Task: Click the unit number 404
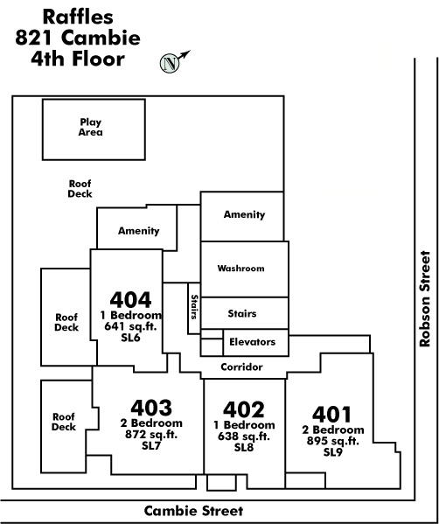[130, 300]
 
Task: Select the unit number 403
[151, 408]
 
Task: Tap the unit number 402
[244, 409]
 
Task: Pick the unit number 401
[332, 414]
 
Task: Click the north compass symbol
[170, 63]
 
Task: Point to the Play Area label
[91, 128]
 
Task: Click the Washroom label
[240, 269]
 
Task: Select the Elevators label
[252, 342]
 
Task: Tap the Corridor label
[241, 367]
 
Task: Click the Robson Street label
[425, 298]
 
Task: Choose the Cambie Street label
[194, 511]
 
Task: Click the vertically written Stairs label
[194, 307]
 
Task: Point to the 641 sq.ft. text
[130, 326]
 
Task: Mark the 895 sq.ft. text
[333, 441]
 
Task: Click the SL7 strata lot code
[151, 446]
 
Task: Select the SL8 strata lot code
[244, 448]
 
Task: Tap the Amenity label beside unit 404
[139, 231]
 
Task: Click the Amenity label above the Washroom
[244, 214]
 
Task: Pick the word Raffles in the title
[78, 17]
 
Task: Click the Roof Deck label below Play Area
[80, 189]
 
